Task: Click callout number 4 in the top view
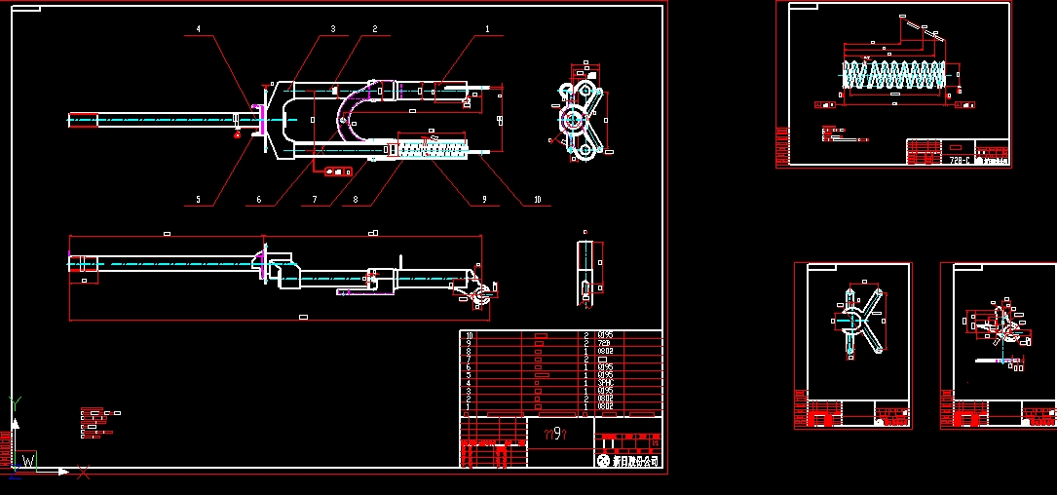point(199,30)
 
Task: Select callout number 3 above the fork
point(332,30)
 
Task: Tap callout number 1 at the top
point(487,30)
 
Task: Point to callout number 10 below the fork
point(537,200)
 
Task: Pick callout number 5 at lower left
point(199,200)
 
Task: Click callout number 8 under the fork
point(356,200)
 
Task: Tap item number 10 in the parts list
point(470,335)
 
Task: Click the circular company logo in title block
point(604,460)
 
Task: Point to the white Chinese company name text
point(635,460)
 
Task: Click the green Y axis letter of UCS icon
point(15,401)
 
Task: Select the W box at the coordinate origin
point(28,461)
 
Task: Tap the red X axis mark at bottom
point(84,473)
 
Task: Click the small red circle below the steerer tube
point(237,136)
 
